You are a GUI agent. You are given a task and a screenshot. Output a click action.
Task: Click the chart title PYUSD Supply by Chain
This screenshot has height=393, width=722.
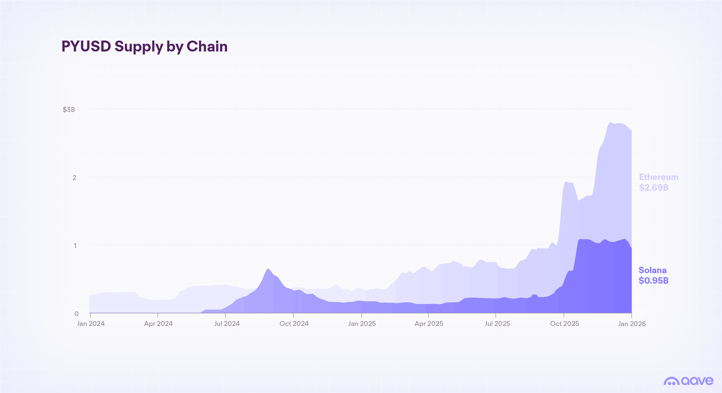pyautogui.click(x=144, y=47)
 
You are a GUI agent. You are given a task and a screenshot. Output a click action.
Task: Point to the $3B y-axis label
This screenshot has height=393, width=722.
pyautogui.click(x=69, y=110)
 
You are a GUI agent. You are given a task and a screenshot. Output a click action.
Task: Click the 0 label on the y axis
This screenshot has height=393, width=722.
pyautogui.click(x=76, y=314)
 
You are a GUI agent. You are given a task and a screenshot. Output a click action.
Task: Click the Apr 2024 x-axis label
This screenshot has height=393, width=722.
pyautogui.click(x=158, y=324)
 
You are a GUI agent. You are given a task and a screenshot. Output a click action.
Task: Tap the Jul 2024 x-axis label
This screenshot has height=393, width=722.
pyautogui.click(x=227, y=324)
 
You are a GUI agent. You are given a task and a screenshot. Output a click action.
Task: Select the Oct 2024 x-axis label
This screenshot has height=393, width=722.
pyautogui.click(x=294, y=324)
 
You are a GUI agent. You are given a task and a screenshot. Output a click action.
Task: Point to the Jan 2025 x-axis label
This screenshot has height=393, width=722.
pyautogui.click(x=362, y=324)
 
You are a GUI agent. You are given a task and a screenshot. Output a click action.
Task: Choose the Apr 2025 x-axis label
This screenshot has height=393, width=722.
pyautogui.click(x=429, y=324)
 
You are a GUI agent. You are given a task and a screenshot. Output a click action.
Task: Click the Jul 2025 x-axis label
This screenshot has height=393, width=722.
pyautogui.click(x=497, y=324)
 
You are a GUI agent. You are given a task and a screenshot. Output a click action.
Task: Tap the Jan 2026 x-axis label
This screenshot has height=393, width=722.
pyautogui.click(x=632, y=324)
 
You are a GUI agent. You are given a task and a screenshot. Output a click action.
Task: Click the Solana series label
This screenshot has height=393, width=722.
pyautogui.click(x=652, y=270)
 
